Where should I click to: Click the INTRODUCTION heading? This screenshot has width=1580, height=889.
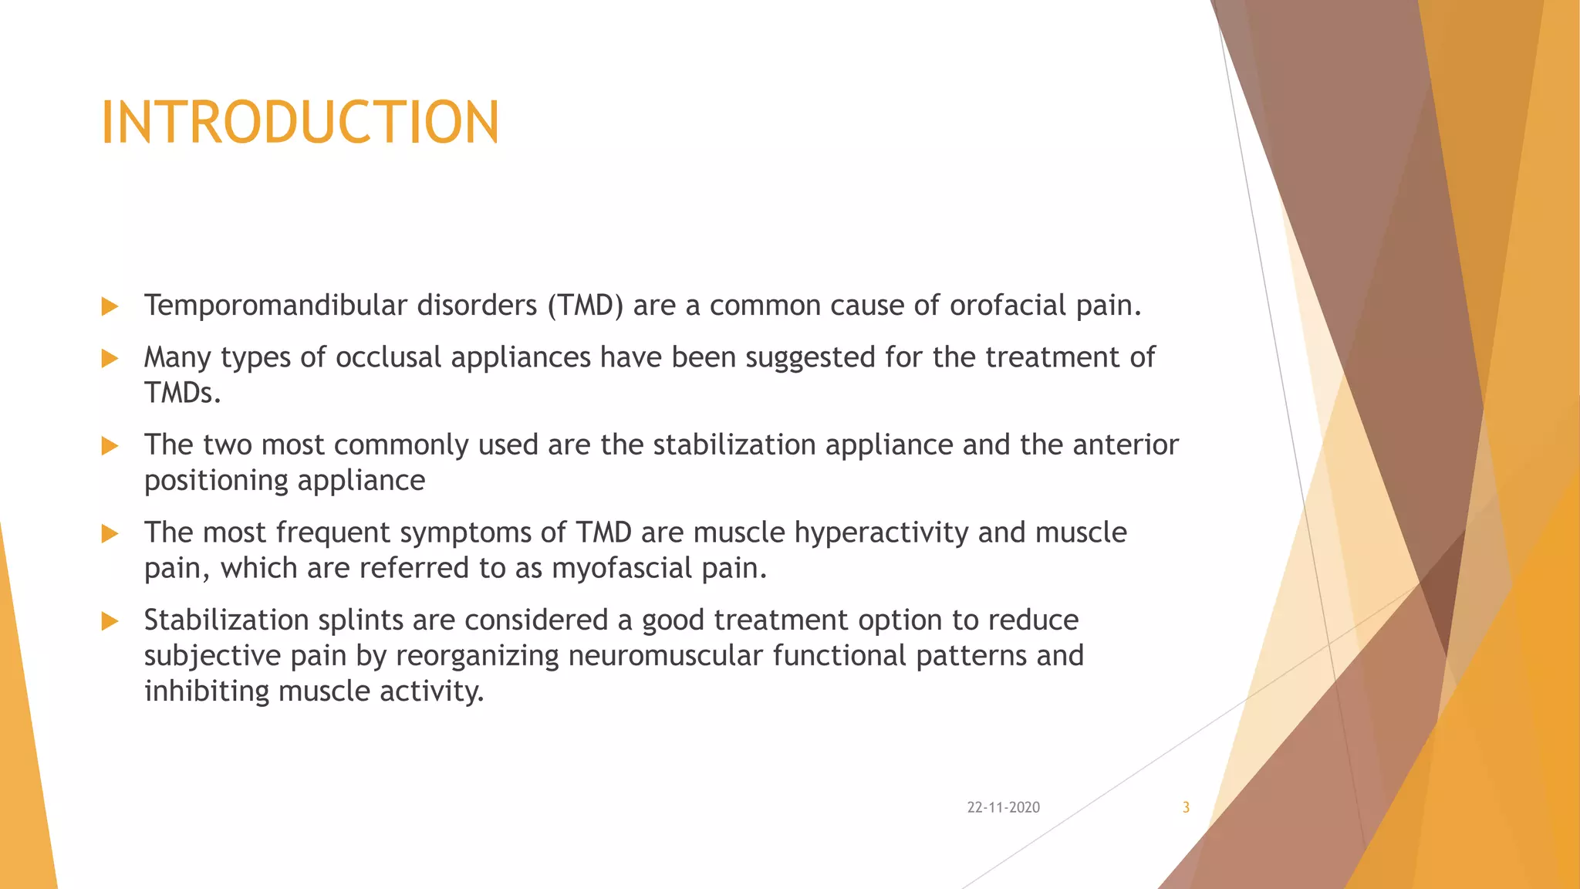pyautogui.click(x=300, y=123)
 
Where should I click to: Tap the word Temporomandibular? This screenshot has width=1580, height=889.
pyautogui.click(x=275, y=306)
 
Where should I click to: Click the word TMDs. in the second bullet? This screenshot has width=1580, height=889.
pyautogui.click(x=183, y=394)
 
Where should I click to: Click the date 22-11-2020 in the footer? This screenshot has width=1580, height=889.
pyautogui.click(x=1003, y=807)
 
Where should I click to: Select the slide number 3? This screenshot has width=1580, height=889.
pyautogui.click(x=1186, y=807)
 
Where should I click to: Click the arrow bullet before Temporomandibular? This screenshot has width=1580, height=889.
pyautogui.click(x=110, y=306)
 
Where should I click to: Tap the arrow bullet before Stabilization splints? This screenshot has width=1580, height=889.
pyautogui.click(x=110, y=621)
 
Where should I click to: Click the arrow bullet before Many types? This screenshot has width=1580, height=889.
pyautogui.click(x=110, y=358)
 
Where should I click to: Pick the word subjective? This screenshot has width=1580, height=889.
pyautogui.click(x=212, y=656)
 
